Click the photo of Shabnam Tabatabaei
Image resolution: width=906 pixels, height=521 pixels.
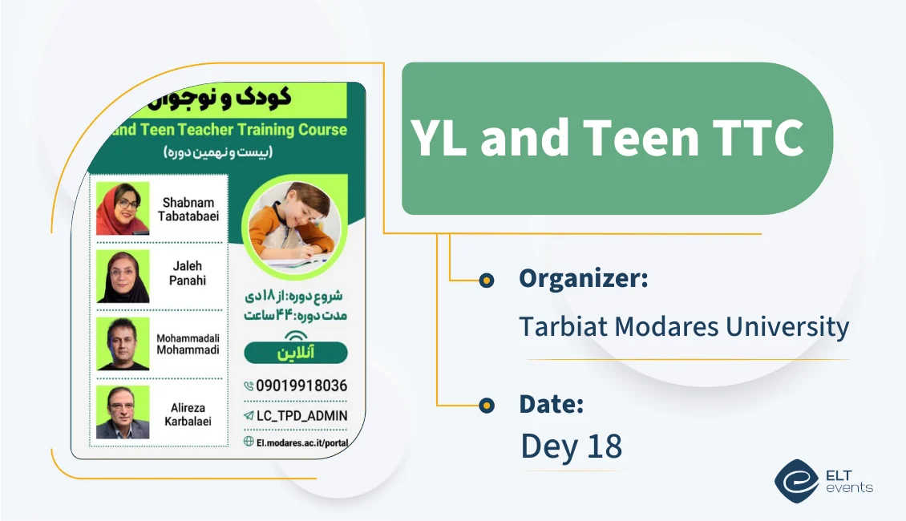pyautogui.click(x=123, y=208)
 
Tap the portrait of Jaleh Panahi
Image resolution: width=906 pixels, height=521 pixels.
pyautogui.click(x=123, y=276)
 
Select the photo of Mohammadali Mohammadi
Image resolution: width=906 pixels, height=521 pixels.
pyautogui.click(x=123, y=343)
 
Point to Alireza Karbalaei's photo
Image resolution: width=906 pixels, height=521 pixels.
pyautogui.click(x=123, y=412)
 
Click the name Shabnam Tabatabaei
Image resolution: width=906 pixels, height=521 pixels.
pyautogui.click(x=190, y=209)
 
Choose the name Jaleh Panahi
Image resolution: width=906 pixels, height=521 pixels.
pyautogui.click(x=188, y=273)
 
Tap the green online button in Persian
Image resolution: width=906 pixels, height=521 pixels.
pyautogui.click(x=295, y=353)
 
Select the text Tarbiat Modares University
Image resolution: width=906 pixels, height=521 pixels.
pyautogui.click(x=684, y=326)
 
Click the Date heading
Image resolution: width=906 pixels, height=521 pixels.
pyautogui.click(x=551, y=404)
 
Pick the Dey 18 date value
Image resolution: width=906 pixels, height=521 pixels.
pyautogui.click(x=571, y=446)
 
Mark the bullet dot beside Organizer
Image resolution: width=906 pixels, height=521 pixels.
pyautogui.click(x=486, y=280)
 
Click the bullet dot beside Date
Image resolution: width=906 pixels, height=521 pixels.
pyautogui.click(x=486, y=406)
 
